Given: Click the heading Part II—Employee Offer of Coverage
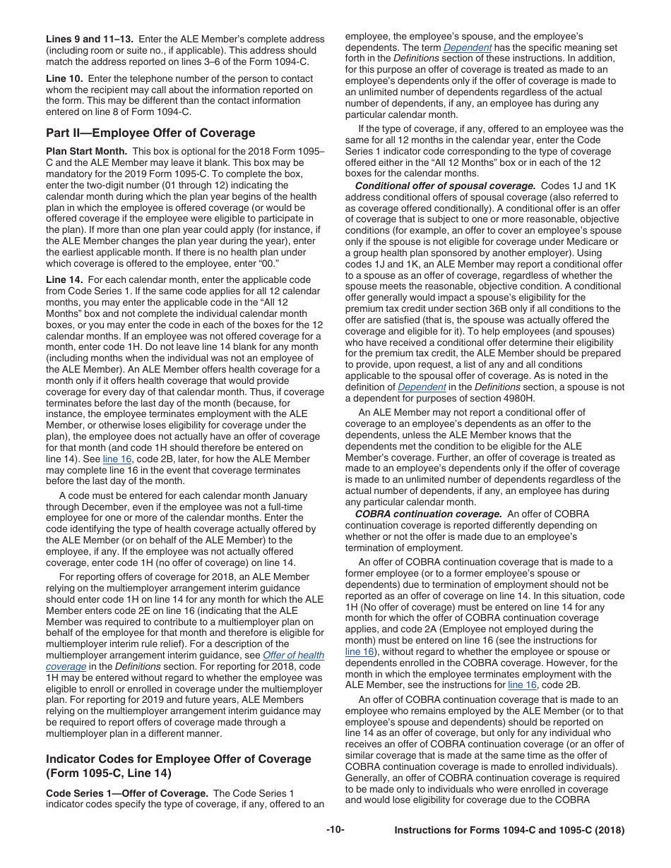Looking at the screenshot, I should [x=150, y=133].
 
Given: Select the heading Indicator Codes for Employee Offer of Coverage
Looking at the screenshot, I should [x=178, y=759].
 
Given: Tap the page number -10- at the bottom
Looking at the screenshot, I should [x=335, y=831].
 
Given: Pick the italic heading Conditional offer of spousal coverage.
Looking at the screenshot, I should [x=446, y=186].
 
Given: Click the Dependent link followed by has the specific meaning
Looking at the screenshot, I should [x=467, y=47].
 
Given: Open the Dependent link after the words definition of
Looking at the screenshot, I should [x=422, y=387].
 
